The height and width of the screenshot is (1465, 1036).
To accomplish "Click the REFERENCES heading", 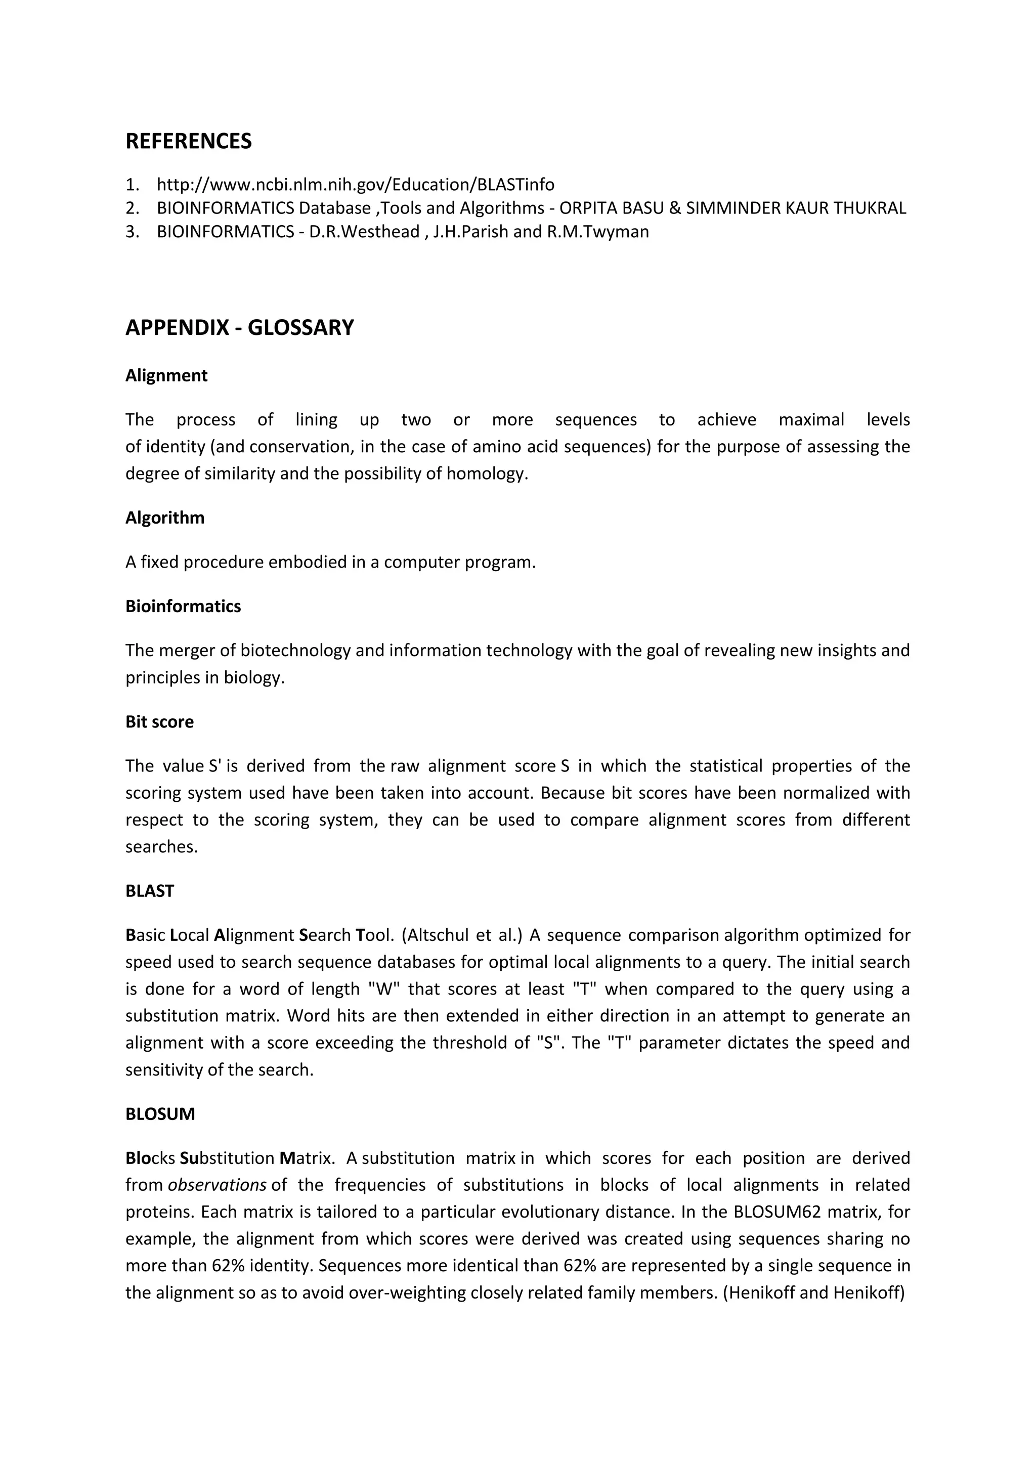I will click(188, 141).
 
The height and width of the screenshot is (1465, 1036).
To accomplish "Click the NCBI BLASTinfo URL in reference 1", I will click(355, 185).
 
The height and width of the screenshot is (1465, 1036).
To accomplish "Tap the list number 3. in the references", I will click(132, 232).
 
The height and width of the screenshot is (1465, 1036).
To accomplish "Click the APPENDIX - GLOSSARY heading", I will click(239, 327).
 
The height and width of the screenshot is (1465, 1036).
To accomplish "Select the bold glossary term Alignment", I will click(166, 375).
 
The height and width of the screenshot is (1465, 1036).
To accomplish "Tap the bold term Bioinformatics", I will click(183, 606).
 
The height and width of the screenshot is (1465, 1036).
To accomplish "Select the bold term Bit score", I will click(159, 722).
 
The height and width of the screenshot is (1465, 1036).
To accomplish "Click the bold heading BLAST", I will click(149, 891).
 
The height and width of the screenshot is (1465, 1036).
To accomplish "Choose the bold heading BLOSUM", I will click(160, 1114).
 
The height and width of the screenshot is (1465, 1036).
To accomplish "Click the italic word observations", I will click(217, 1185).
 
